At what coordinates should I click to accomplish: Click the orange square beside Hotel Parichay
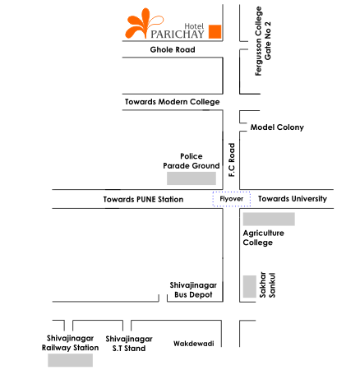tap(215, 31)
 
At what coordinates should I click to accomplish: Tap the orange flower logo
tap(143, 23)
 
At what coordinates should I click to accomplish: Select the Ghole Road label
tap(173, 49)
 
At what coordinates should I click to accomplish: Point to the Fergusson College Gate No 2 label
tap(263, 41)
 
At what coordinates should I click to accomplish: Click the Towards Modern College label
tap(173, 102)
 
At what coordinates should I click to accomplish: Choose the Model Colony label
tap(277, 127)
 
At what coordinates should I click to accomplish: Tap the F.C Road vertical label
tap(232, 160)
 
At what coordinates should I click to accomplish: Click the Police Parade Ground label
tap(192, 161)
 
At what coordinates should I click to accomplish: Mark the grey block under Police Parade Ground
tap(192, 178)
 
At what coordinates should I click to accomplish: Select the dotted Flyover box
tap(232, 199)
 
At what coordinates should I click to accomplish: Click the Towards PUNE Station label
tap(143, 199)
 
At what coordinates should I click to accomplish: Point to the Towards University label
tap(293, 199)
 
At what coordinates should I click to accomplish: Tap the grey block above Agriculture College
tap(269, 219)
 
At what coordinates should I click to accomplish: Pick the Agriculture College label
tap(264, 238)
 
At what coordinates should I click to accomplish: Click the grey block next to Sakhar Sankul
tap(250, 286)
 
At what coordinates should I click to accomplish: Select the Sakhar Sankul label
tap(267, 284)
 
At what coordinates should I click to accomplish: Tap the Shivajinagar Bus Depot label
tap(193, 289)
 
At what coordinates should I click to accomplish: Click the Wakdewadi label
tap(194, 344)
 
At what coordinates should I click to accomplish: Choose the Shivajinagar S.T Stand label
tap(129, 344)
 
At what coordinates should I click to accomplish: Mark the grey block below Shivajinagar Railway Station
tap(70, 360)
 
